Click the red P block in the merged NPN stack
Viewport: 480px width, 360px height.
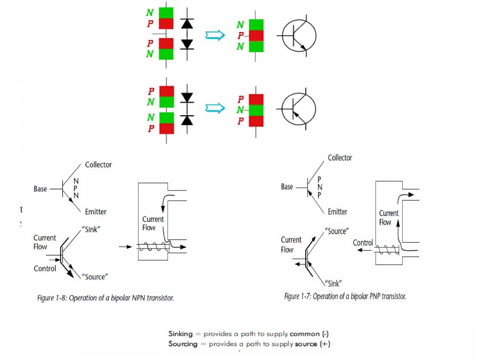click(x=257, y=36)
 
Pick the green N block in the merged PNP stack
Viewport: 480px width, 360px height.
click(x=257, y=110)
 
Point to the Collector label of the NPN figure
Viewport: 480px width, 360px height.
click(x=98, y=165)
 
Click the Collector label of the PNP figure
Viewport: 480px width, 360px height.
click(x=340, y=158)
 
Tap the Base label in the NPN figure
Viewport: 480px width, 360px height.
click(x=41, y=189)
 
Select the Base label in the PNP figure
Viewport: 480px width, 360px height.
click(x=287, y=187)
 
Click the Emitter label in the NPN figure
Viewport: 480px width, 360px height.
click(x=95, y=212)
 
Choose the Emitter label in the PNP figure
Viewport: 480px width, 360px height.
click(x=337, y=212)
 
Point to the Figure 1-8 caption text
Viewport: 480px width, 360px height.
click(x=106, y=298)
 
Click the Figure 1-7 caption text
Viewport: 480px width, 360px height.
click(x=345, y=296)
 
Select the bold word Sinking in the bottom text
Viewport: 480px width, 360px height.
click(x=181, y=334)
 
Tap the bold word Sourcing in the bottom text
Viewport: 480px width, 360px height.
click(x=183, y=344)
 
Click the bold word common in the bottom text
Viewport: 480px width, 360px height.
click(x=305, y=334)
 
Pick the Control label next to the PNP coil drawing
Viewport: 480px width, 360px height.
click(x=363, y=243)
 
